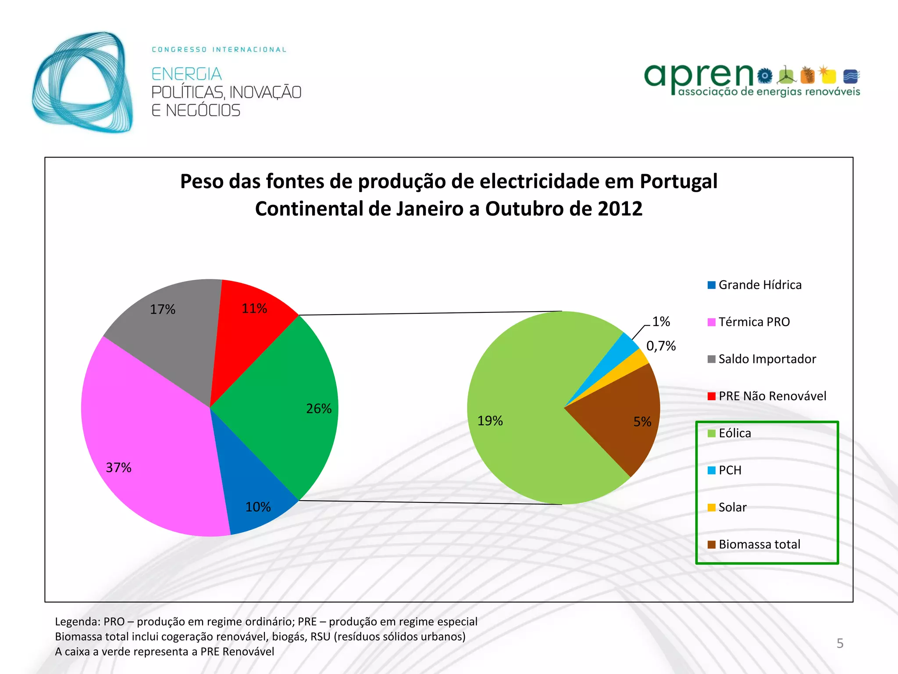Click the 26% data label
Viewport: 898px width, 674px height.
tap(319, 409)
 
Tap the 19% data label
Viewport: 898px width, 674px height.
tap(490, 421)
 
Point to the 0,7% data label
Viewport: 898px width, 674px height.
tap(661, 346)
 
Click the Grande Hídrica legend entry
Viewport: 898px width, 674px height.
tap(759, 285)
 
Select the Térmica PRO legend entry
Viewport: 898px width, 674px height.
tap(754, 322)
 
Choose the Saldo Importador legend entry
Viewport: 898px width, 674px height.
tap(767, 359)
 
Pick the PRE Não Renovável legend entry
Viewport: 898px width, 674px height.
tap(772, 396)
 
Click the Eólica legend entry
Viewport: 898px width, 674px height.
tap(734, 433)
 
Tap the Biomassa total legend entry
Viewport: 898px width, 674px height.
tap(759, 544)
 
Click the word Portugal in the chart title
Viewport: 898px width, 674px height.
tap(678, 181)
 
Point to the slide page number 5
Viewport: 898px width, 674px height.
tap(840, 643)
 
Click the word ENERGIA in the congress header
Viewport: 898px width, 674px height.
tap(186, 74)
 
